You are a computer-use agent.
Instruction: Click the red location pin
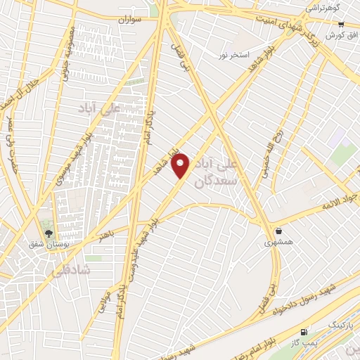point(181,165)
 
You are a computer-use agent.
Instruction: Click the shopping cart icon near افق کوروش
point(340,23)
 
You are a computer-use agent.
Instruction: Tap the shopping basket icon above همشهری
point(278,231)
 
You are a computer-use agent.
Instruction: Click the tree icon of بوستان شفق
point(48,234)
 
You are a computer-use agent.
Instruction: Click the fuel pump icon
point(304,331)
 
